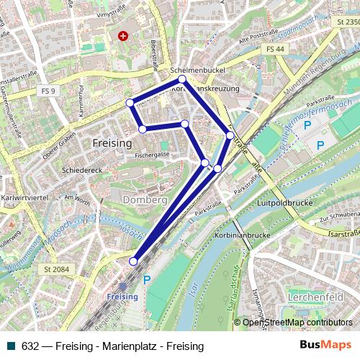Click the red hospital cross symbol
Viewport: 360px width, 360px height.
(x=124, y=35)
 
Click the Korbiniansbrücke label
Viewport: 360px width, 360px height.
(x=242, y=235)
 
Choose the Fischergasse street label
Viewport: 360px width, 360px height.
(x=151, y=154)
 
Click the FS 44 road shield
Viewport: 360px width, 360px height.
(x=274, y=49)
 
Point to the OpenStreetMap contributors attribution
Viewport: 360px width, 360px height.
(x=297, y=323)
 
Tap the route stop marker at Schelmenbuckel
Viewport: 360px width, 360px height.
(x=182, y=79)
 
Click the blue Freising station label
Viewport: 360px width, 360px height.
(x=122, y=297)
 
